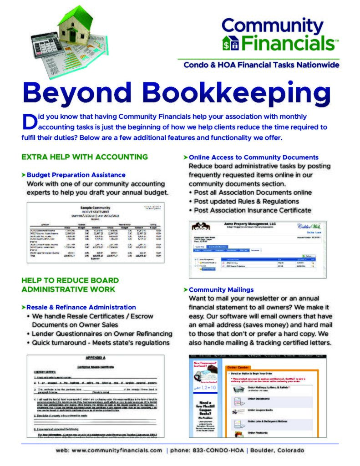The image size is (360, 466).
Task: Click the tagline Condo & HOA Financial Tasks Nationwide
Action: (261, 65)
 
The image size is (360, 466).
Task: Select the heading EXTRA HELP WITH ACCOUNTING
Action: (85, 157)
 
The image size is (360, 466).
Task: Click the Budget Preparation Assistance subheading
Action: (76, 175)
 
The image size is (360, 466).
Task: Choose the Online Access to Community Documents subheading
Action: (254, 157)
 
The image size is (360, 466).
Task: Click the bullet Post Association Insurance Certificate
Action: (252, 210)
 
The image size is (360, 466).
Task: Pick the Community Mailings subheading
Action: (221, 289)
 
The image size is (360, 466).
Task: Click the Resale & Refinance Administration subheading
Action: (81, 307)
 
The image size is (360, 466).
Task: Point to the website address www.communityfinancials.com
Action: (109, 450)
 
